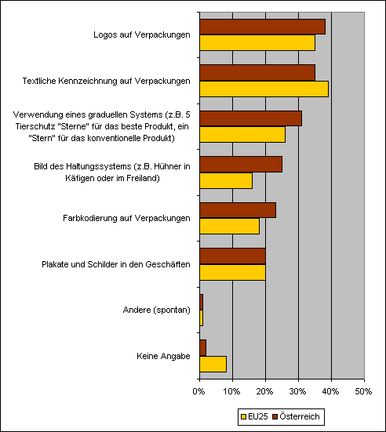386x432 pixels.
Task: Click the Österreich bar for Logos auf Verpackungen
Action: [263, 27]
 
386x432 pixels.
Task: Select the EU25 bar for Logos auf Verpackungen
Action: [257, 42]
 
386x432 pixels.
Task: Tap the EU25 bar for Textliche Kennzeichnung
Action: [264, 89]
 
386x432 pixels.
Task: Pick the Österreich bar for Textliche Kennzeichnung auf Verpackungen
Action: [257, 73]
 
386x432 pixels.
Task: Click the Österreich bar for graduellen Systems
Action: [251, 118]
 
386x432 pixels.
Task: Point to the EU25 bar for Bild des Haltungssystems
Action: [226, 181]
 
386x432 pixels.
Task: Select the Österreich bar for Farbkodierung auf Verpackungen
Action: [238, 210]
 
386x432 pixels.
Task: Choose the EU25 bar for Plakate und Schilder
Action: [233, 273]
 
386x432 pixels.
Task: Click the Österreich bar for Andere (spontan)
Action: [202, 302]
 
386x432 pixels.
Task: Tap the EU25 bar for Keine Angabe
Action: [213, 365]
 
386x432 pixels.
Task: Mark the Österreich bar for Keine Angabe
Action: [203, 348]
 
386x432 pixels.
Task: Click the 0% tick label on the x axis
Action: [198, 391]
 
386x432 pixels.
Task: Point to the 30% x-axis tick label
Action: [298, 391]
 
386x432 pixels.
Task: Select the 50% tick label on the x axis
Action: [364, 391]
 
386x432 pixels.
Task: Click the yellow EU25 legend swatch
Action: [243, 416]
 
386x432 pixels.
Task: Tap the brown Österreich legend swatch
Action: [275, 416]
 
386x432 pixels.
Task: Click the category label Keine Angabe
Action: [163, 356]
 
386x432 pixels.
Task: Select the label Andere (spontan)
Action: [157, 310]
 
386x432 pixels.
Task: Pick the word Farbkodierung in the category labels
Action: [90, 218]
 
